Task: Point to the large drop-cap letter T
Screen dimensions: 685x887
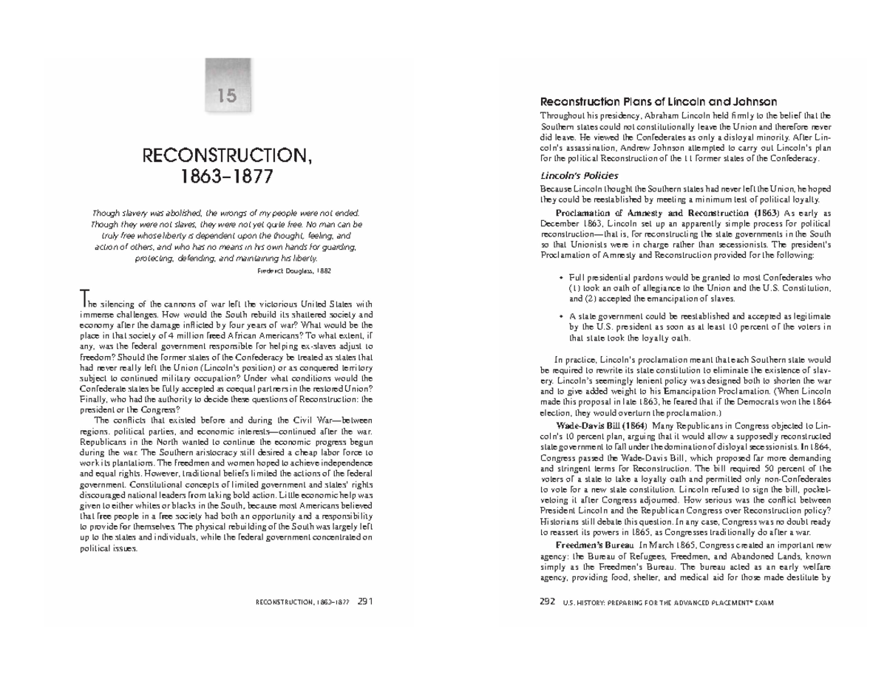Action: [84, 299]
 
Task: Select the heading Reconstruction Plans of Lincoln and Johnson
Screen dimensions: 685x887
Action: [659, 101]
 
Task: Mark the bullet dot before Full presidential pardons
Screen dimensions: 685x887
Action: [562, 277]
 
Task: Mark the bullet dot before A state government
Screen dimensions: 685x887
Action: [562, 315]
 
